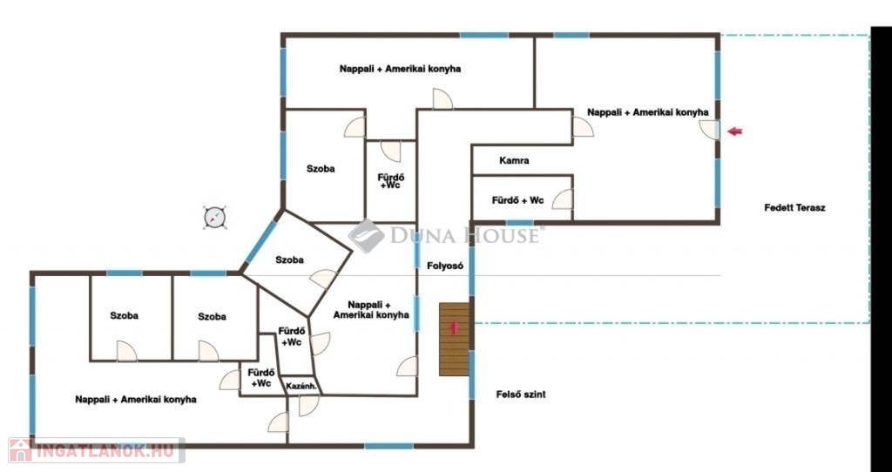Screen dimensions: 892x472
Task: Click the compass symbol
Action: (x=215, y=217)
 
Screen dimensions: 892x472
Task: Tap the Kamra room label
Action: (x=514, y=161)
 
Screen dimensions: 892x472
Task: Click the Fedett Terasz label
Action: (x=794, y=207)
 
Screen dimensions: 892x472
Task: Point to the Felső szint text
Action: (x=521, y=394)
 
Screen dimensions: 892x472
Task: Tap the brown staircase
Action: (x=454, y=340)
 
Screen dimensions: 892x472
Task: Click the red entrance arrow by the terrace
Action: (x=735, y=131)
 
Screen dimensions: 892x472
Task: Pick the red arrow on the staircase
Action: (x=454, y=327)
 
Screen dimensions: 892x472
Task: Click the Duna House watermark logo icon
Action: (x=367, y=236)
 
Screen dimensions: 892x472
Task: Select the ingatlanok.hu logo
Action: (x=97, y=450)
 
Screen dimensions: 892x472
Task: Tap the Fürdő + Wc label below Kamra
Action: (x=517, y=200)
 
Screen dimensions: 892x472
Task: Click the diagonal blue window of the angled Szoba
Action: (x=260, y=242)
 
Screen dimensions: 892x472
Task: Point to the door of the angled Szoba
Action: (x=324, y=279)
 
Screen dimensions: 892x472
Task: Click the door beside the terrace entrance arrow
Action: (x=709, y=131)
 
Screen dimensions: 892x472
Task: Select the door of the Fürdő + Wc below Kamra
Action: (x=563, y=199)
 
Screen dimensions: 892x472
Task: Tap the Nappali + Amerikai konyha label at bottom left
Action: (x=136, y=400)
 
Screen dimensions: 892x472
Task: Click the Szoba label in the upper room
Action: (x=321, y=169)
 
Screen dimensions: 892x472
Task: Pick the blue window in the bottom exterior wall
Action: (x=389, y=446)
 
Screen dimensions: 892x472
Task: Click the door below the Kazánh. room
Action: (x=309, y=406)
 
